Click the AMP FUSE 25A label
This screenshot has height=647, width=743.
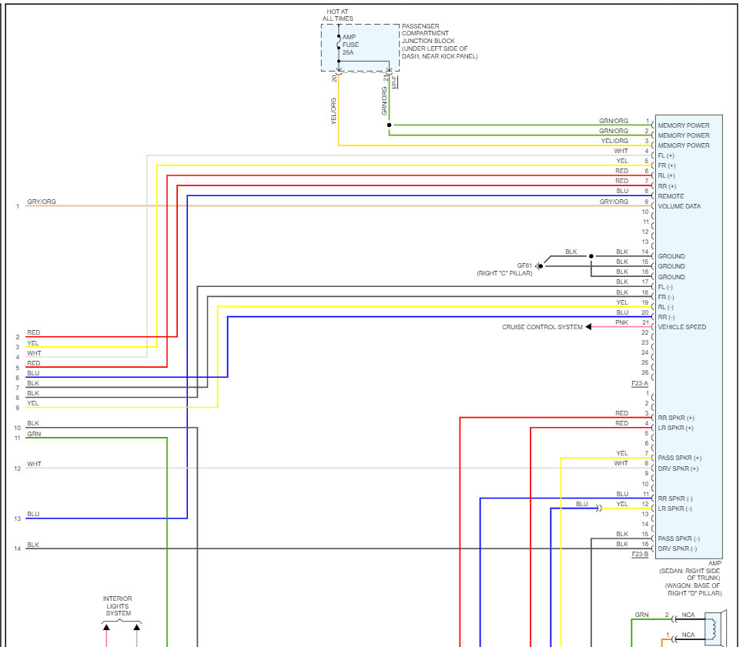[350, 45]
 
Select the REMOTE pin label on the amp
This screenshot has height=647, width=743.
[671, 196]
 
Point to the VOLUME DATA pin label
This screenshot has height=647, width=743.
[679, 206]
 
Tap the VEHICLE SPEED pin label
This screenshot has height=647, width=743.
[681, 327]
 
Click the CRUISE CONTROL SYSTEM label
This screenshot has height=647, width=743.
[542, 327]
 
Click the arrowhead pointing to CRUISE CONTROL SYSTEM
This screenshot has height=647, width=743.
[588, 327]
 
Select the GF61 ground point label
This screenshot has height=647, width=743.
[525, 265]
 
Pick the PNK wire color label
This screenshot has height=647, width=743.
[622, 322]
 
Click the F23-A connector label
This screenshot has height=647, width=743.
[640, 382]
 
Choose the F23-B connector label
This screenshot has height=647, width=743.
[640, 554]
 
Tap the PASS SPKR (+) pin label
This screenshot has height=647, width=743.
[679, 458]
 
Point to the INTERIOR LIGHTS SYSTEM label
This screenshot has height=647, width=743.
[118, 606]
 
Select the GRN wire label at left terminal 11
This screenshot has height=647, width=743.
[34, 434]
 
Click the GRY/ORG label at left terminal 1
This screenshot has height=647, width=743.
[42, 202]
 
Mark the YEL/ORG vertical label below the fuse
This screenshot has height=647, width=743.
[333, 111]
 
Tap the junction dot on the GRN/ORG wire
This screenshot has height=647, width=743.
[389, 125]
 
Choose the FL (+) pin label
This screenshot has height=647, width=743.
[667, 155]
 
